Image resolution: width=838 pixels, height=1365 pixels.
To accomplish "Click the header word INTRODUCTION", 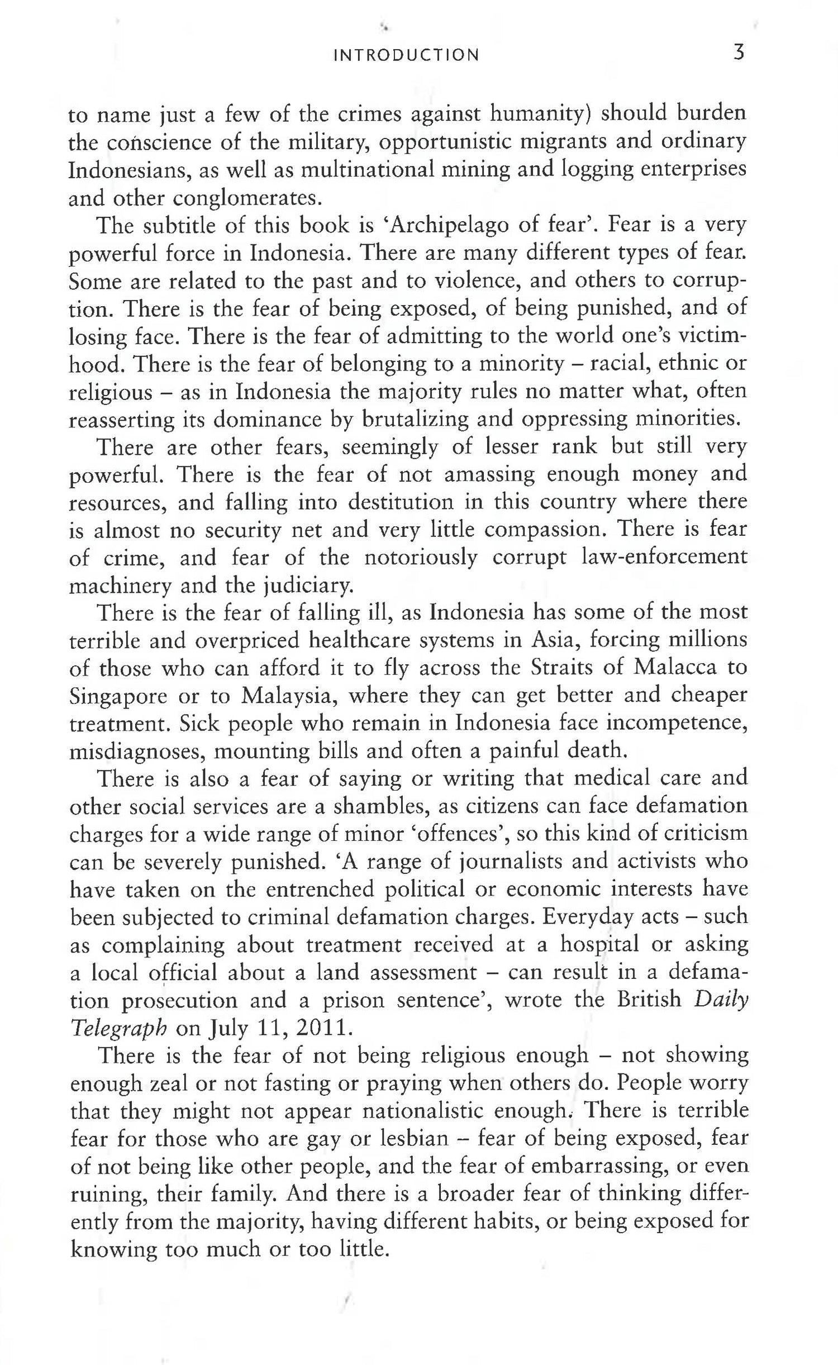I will [x=406, y=55].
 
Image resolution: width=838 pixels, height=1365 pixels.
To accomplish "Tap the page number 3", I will [x=739, y=53].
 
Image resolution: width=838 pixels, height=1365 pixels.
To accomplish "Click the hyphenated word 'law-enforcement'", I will [x=664, y=557].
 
